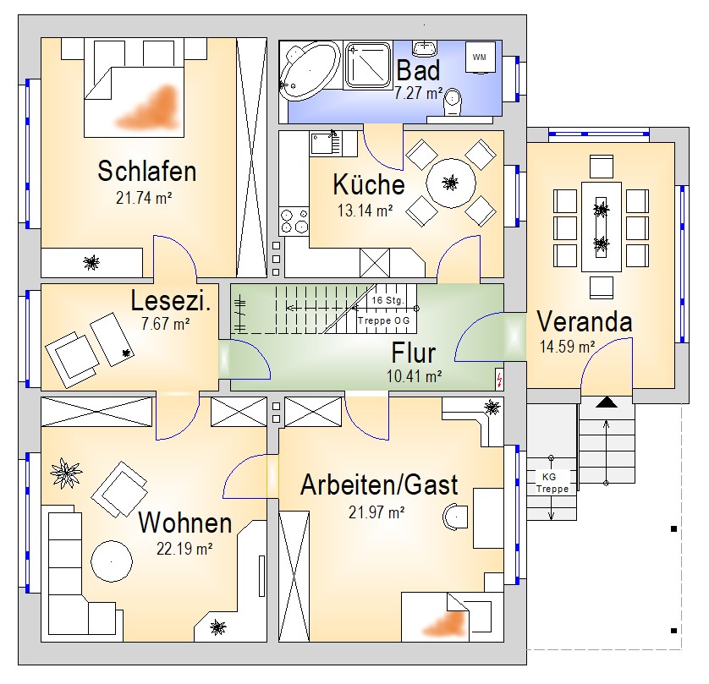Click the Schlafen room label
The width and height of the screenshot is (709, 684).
point(147,172)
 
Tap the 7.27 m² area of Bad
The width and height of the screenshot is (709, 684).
point(419,93)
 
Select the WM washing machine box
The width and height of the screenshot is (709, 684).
point(480,57)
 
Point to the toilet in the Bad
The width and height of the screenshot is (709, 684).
point(454,101)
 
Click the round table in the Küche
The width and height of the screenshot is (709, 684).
point(450,181)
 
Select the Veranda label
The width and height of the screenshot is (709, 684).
point(584,322)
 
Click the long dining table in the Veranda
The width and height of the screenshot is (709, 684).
point(601,225)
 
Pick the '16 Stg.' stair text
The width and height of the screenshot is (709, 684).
point(387,300)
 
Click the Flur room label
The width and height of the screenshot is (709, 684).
point(414,353)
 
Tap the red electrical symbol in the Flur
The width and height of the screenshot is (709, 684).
point(498,379)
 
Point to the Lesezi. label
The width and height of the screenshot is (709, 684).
point(171,300)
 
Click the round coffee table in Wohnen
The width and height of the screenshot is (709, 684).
point(111,559)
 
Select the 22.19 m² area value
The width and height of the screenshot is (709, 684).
point(184,547)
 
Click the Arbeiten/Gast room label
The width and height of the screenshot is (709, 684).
point(379,485)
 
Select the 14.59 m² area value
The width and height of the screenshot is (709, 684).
point(567,345)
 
